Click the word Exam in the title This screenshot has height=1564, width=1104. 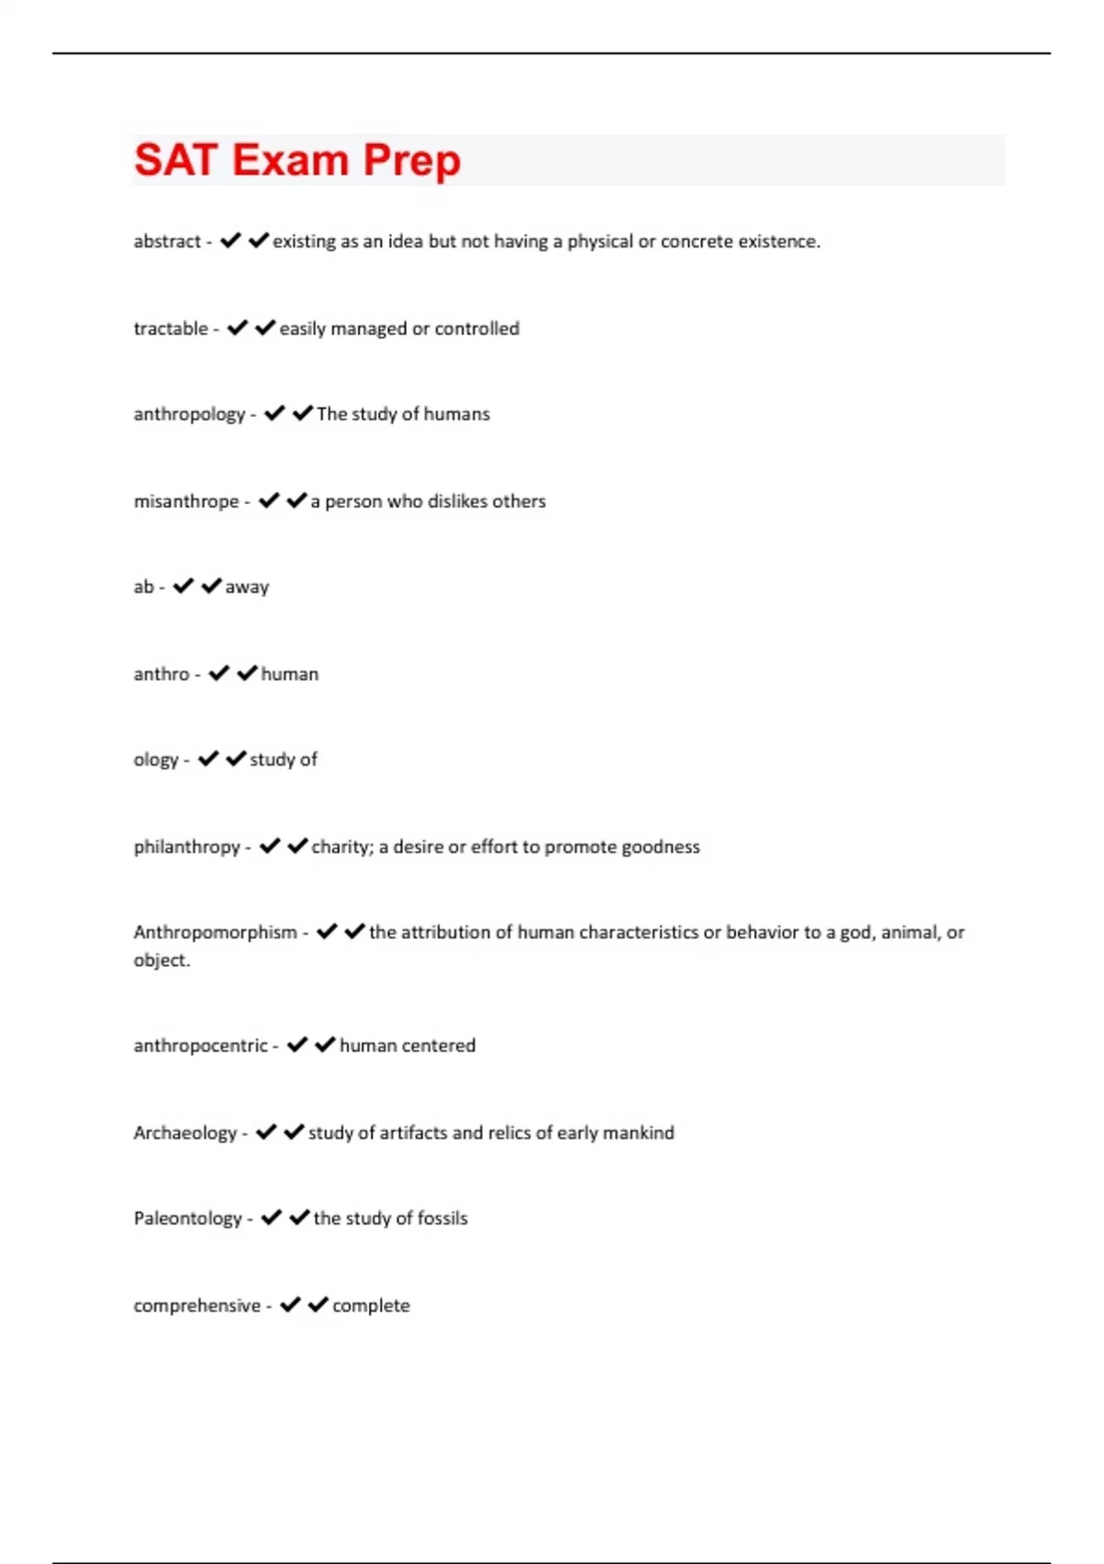[x=291, y=160]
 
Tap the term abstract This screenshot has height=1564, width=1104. [x=167, y=241]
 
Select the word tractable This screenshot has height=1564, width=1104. [x=170, y=328]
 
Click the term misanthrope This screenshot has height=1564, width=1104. [x=186, y=501]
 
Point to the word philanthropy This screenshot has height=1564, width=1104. [x=187, y=846]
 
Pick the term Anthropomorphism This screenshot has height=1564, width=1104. [x=215, y=932]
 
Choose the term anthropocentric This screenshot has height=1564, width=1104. [x=201, y=1045]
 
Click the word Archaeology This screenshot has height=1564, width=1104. [x=185, y=1133]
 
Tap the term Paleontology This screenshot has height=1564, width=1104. [x=188, y=1218]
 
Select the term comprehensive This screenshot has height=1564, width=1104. [x=197, y=1305]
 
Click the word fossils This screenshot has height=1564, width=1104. [x=443, y=1218]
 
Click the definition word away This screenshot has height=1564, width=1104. [x=247, y=587]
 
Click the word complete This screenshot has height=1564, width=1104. [x=371, y=1305]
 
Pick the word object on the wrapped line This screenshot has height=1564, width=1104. [x=160, y=960]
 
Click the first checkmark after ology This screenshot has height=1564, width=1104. [x=209, y=759]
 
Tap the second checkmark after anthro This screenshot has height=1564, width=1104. [x=247, y=673]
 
